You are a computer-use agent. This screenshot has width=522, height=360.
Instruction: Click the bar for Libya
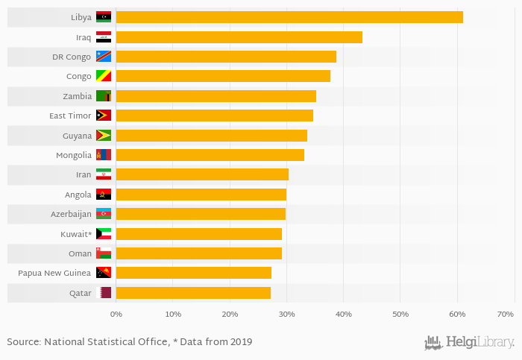289,17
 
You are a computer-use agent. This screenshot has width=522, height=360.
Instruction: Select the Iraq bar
239,37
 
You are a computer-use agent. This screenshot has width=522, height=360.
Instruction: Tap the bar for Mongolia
210,155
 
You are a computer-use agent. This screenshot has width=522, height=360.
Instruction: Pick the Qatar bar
193,293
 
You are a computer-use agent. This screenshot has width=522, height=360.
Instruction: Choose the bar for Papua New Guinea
194,273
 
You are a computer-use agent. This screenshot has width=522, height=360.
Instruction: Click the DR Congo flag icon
104,57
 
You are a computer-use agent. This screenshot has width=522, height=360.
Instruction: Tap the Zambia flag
104,96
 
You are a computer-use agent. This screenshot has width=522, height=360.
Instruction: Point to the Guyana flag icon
104,136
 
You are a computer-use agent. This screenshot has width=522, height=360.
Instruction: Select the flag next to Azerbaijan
104,214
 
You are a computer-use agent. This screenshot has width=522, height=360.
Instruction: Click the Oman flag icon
104,253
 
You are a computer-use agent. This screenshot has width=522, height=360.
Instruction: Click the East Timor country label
70,116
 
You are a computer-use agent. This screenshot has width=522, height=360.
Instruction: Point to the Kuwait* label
76,234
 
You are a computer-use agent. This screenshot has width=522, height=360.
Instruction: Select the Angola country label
78,195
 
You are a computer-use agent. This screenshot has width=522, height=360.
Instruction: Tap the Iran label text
84,174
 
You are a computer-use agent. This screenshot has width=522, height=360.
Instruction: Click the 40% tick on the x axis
343,315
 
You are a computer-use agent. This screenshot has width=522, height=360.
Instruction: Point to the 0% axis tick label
116,315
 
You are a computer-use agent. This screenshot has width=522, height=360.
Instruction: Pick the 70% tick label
505,315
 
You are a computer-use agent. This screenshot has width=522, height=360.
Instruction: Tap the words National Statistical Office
98,342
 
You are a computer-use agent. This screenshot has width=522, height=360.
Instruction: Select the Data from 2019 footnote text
219,342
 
